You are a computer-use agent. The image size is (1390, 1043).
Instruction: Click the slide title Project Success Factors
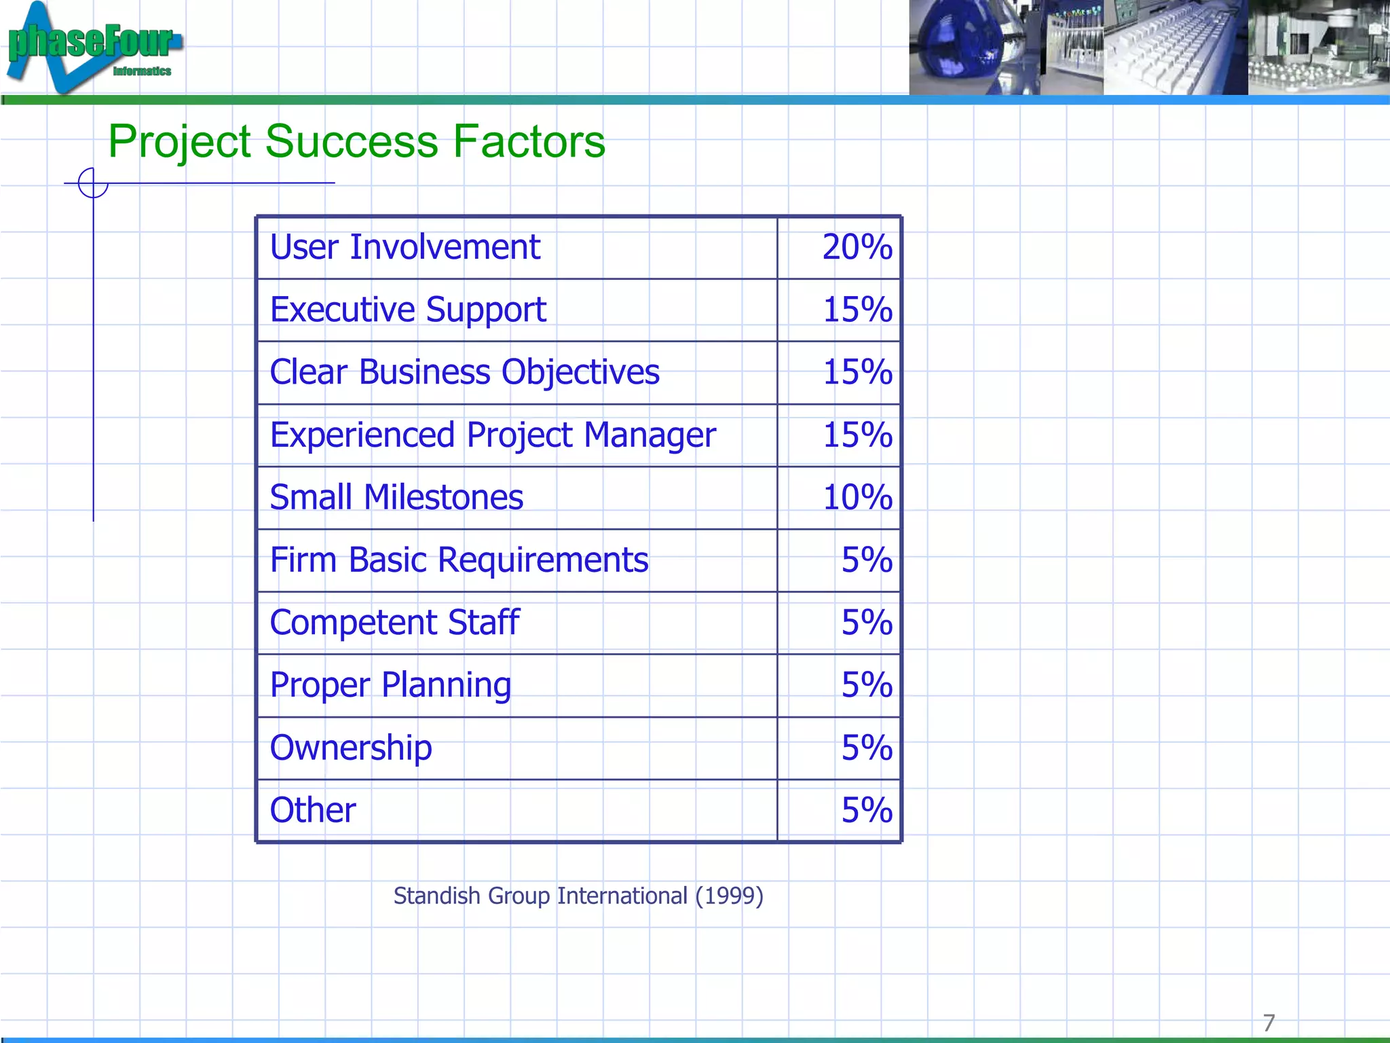pyautogui.click(x=356, y=141)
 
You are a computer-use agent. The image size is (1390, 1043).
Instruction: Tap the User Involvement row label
pyautogui.click(x=405, y=246)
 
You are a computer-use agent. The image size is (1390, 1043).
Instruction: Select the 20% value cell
pyautogui.click(x=857, y=246)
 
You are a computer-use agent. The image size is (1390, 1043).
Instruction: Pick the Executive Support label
pyautogui.click(x=408, y=310)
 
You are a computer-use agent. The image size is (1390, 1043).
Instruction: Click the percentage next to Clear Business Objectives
pyautogui.click(x=857, y=372)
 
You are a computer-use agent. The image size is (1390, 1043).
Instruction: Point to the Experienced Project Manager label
pyautogui.click(x=492, y=435)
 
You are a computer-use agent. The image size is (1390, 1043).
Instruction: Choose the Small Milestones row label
pyautogui.click(x=396, y=497)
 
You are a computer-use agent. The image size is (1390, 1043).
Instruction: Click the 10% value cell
pyautogui.click(x=857, y=497)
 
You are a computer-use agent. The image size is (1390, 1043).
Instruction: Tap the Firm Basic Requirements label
pyautogui.click(x=459, y=560)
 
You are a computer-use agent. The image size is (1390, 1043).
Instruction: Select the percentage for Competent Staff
pyautogui.click(x=866, y=623)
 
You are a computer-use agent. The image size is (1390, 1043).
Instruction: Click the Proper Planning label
pyautogui.click(x=390, y=685)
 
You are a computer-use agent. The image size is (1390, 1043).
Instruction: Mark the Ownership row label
pyautogui.click(x=351, y=748)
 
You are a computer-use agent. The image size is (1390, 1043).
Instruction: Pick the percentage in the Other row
pyautogui.click(x=866, y=810)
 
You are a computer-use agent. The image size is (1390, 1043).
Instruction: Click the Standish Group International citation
pyautogui.click(x=578, y=896)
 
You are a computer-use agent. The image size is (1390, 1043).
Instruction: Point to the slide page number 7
pyautogui.click(x=1269, y=1022)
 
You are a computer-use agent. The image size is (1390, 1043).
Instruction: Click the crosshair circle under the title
pyautogui.click(x=93, y=183)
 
